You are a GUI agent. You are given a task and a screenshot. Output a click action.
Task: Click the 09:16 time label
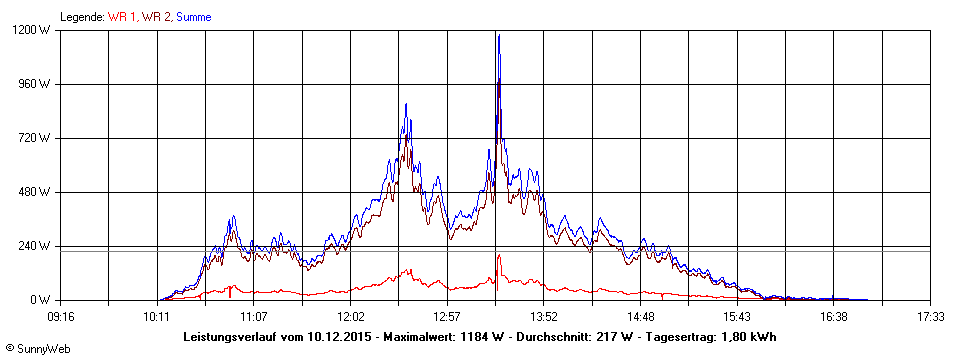click(x=60, y=316)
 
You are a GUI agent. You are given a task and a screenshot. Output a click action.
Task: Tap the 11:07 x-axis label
click(x=253, y=316)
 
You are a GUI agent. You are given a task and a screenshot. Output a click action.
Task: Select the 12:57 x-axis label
click(x=447, y=316)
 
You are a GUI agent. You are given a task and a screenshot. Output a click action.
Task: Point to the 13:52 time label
click(x=543, y=316)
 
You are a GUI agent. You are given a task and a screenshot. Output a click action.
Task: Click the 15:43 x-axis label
click(x=737, y=316)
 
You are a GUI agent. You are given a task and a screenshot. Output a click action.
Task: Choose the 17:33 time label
click(x=930, y=316)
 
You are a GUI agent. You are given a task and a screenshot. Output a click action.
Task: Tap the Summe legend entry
click(x=193, y=17)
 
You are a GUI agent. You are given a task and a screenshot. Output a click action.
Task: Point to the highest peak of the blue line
click(x=498, y=35)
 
